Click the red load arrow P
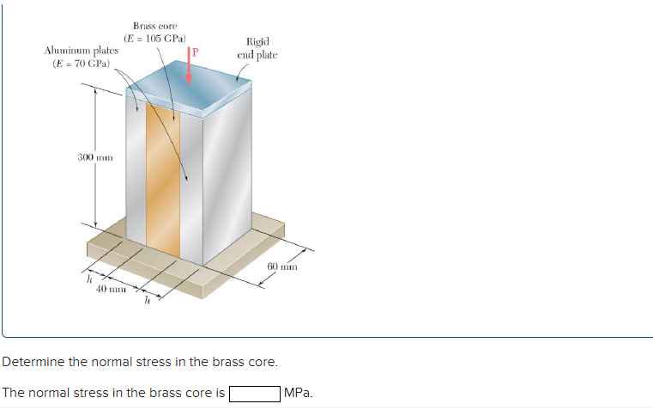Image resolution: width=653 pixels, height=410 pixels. [x=189, y=67]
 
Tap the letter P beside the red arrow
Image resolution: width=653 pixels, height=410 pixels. [x=196, y=52]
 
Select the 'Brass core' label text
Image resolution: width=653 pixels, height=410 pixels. [x=154, y=27]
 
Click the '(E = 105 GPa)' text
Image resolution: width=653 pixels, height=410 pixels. [x=155, y=39]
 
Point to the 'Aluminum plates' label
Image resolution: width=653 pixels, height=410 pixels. [x=82, y=52]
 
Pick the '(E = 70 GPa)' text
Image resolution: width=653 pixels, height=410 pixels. [x=82, y=64]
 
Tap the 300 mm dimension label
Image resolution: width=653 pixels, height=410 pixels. [x=94, y=157]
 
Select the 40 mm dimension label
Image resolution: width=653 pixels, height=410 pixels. [x=112, y=290]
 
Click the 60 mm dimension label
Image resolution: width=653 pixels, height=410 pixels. [x=281, y=266]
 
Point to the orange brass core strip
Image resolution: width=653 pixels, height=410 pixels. [x=163, y=181]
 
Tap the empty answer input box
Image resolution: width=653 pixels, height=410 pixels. [x=254, y=394]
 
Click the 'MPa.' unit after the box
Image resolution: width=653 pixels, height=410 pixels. [x=299, y=394]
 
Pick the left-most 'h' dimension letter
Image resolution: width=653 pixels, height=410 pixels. [x=88, y=277]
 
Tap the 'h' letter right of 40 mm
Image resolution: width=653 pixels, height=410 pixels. [x=148, y=300]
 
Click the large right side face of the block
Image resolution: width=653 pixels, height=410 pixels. [x=226, y=181]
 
